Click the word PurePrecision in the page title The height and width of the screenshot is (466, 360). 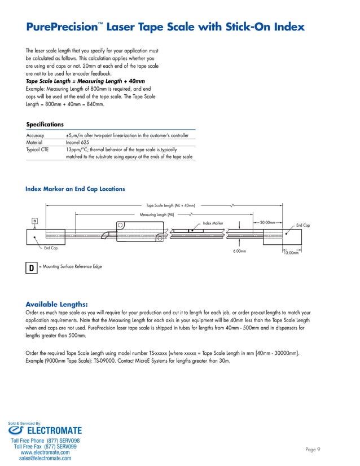coord(62,27)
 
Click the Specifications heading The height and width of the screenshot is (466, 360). coord(45,124)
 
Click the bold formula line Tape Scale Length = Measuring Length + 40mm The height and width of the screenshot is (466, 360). coord(81,81)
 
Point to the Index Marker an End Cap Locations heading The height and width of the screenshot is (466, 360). coord(75,189)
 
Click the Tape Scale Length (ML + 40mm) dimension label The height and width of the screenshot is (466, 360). coord(170,206)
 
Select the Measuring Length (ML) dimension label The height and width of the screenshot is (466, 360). coord(157,215)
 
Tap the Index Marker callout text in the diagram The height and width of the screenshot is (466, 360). coord(213,224)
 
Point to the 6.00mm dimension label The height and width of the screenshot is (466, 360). coord(240,251)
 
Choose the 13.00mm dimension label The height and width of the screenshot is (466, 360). coord(290,253)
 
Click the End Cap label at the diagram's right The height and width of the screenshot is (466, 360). coord(303,226)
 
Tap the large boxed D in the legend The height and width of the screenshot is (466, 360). coord(31,267)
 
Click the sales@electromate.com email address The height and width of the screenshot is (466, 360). coord(45,459)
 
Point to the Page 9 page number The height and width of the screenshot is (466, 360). coord(313,450)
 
